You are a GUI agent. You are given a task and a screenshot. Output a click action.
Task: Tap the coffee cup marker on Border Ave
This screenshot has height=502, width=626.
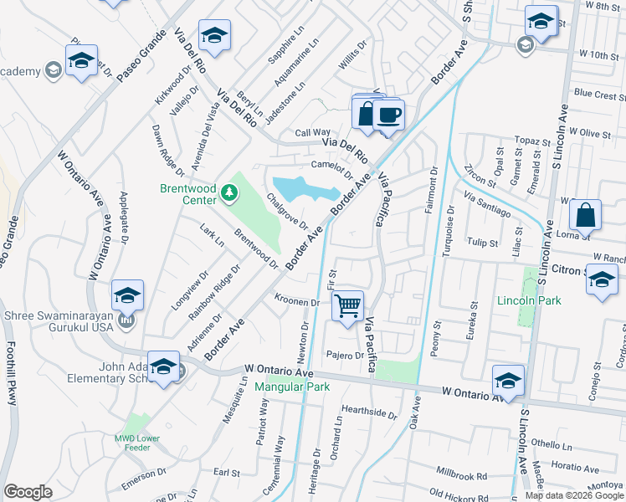click(389, 115)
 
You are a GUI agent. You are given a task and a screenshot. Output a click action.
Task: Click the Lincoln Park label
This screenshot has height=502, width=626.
click(528, 300)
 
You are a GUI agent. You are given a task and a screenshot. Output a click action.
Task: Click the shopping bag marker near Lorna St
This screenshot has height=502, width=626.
click(586, 215)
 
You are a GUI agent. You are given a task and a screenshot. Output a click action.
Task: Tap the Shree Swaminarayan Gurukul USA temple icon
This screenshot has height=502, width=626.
click(126, 320)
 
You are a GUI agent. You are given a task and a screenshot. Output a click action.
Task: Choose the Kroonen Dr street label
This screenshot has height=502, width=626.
click(297, 301)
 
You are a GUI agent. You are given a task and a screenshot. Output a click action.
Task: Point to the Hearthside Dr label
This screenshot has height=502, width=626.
click(368, 412)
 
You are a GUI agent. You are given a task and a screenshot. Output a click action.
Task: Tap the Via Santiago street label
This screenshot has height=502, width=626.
click(486, 207)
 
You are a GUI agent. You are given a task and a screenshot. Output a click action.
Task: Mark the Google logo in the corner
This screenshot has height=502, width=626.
click(28, 492)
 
